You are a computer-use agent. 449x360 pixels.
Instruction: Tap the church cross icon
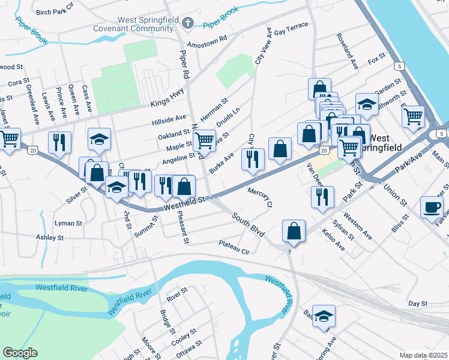188,23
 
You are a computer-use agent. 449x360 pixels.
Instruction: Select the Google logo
20,353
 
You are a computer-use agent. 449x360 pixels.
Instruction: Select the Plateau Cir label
234,247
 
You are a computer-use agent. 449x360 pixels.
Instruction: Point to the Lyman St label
68,223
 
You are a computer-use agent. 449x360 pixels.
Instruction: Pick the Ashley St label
49,238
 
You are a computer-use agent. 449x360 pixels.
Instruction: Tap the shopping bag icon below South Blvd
294,231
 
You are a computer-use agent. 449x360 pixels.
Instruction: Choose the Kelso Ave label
333,239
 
